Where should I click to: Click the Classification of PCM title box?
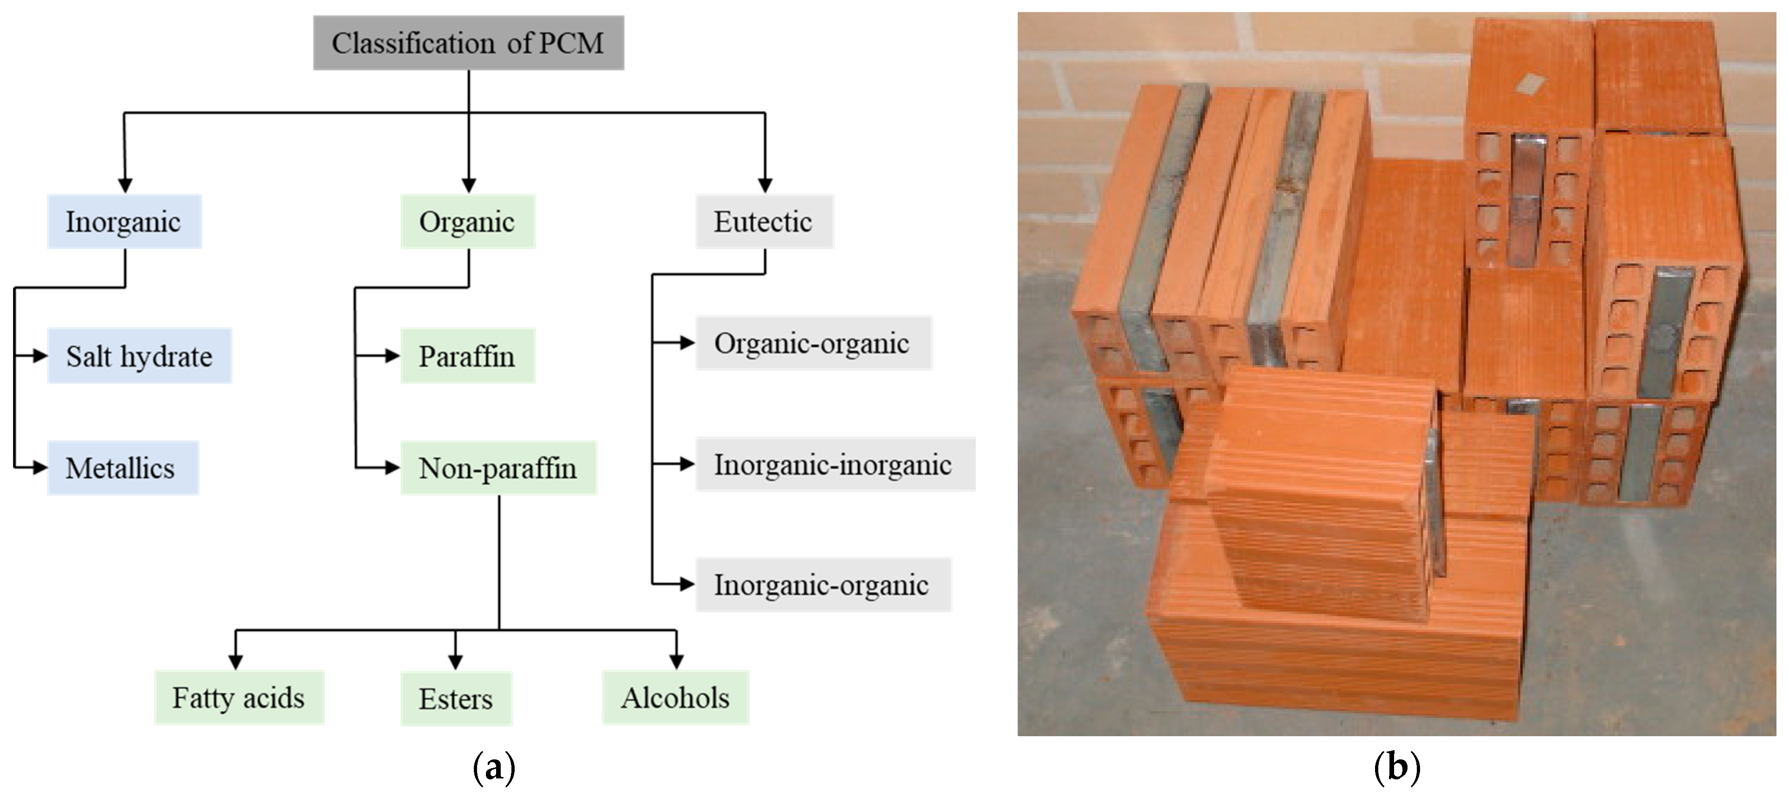pyautogui.click(x=468, y=43)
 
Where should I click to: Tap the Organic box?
pyautogui.click(x=467, y=222)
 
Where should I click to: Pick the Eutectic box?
pyautogui.click(x=764, y=222)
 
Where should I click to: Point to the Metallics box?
pyautogui.click(x=122, y=467)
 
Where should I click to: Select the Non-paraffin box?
pyautogui.click(x=498, y=467)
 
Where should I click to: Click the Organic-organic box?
pyautogui.click(x=813, y=343)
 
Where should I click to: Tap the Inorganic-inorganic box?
pyautogui.click(x=835, y=464)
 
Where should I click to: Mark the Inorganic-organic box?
pyautogui.click(x=823, y=584)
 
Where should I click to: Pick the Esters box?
pyautogui.click(x=456, y=698)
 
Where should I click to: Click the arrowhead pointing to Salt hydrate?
pyautogui.click(x=40, y=356)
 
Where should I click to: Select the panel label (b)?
pyautogui.click(x=1396, y=768)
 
